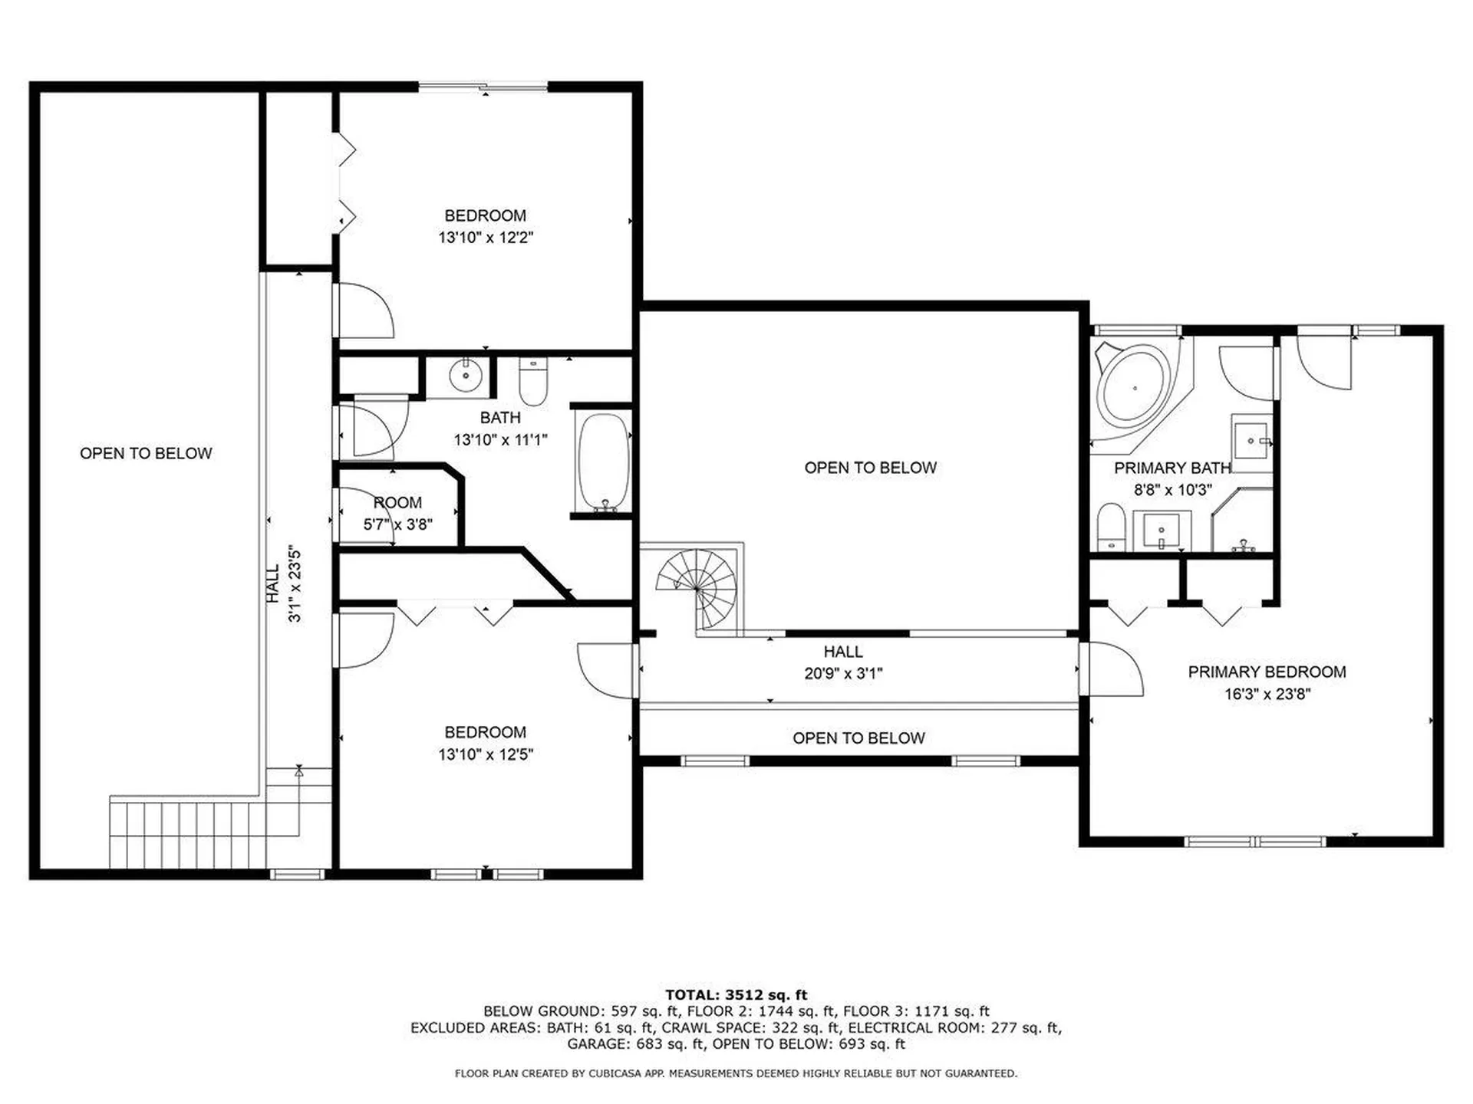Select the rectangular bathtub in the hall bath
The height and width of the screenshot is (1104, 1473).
pyautogui.click(x=604, y=462)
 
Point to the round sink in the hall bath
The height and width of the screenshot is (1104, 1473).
pyautogui.click(x=465, y=376)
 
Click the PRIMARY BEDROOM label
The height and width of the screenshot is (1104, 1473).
pyautogui.click(x=1267, y=672)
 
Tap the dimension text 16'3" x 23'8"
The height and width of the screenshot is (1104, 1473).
pyautogui.click(x=1267, y=694)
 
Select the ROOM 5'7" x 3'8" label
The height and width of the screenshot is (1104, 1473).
pyautogui.click(x=397, y=513)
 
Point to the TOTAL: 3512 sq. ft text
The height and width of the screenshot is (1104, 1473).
pyautogui.click(x=736, y=995)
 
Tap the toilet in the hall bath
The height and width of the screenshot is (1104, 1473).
pyautogui.click(x=532, y=382)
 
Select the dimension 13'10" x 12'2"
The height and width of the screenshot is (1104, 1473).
pyautogui.click(x=485, y=238)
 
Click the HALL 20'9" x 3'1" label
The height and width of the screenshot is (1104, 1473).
pyautogui.click(x=842, y=662)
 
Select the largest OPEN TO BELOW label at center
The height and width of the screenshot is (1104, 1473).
pyautogui.click(x=870, y=468)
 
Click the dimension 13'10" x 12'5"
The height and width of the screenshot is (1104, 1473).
pyautogui.click(x=485, y=754)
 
